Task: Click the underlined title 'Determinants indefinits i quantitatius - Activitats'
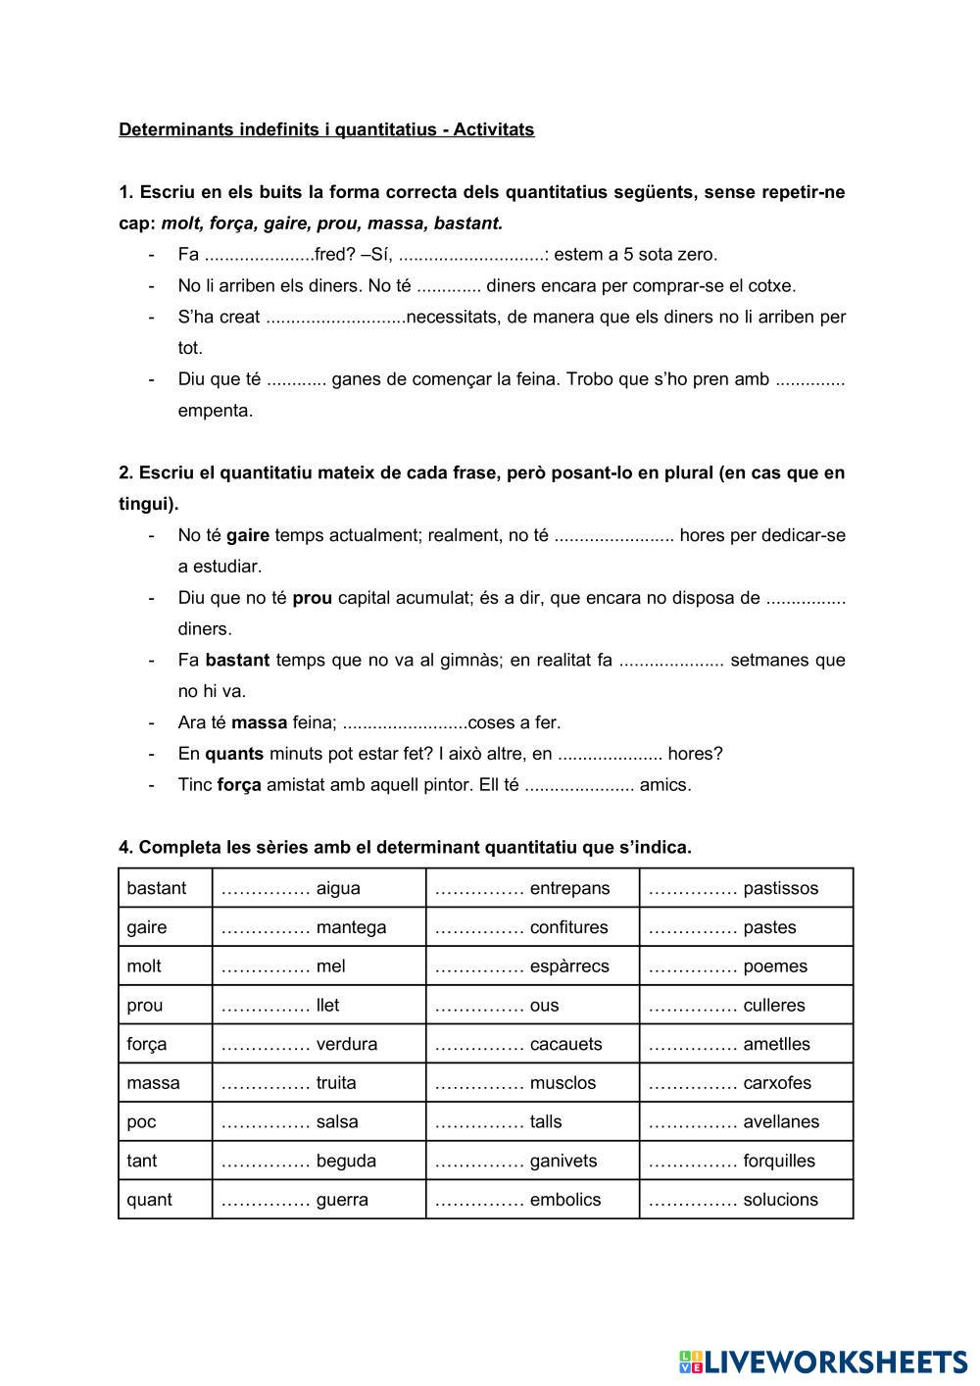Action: click(x=326, y=129)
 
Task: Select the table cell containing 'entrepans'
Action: click(x=532, y=888)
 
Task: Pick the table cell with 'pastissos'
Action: click(x=746, y=888)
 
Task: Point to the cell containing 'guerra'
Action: click(x=318, y=1200)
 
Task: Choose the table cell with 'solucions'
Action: click(x=746, y=1200)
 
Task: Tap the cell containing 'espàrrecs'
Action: click(x=532, y=966)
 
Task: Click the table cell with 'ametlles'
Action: click(x=746, y=1044)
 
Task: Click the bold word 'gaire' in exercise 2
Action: click(x=248, y=535)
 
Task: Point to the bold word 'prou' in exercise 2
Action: click(x=312, y=598)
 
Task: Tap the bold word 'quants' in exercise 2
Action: click(x=234, y=754)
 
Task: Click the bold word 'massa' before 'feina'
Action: click(x=259, y=723)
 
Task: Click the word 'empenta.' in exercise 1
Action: click(x=216, y=411)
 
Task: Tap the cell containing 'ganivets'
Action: click(x=532, y=1161)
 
